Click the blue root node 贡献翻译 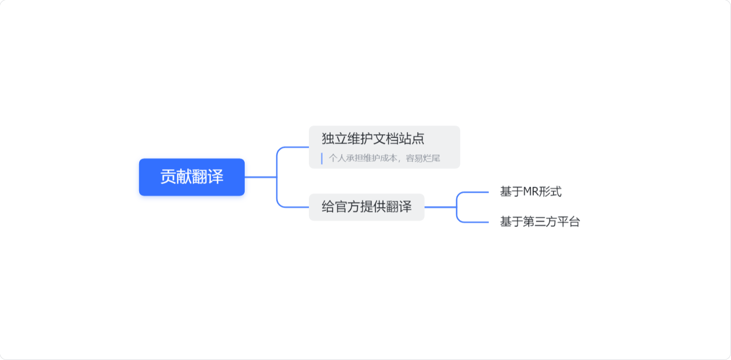click(192, 177)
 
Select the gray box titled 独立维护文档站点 click(384, 147)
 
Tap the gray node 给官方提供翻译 click(367, 207)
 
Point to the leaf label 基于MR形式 click(531, 192)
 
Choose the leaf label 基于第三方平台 click(540, 222)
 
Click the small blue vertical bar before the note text click(322, 158)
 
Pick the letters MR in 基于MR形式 click(530, 192)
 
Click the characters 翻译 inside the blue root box click(207, 177)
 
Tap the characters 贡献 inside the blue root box click(176, 177)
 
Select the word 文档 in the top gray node click(386, 138)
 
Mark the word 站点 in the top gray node click(411, 138)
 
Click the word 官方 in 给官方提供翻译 click(347, 207)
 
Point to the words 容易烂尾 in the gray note click(423, 158)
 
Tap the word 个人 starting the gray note click(337, 158)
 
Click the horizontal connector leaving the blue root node click(261, 177)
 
